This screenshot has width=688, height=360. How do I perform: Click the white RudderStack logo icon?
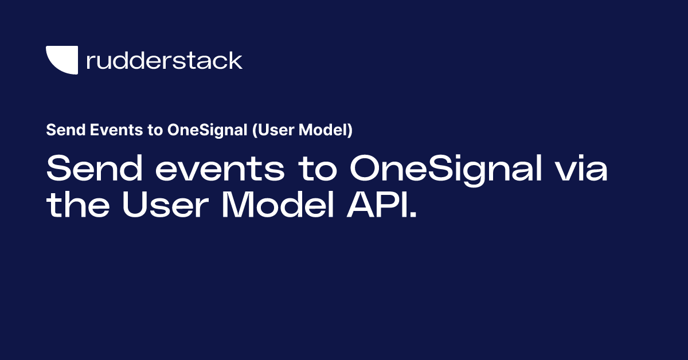tap(61, 60)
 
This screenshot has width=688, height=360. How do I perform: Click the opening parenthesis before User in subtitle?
tap(254, 130)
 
